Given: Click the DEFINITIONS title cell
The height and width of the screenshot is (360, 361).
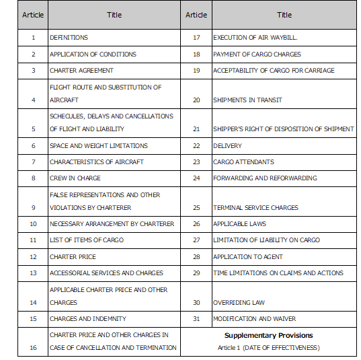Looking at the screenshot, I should tap(69, 38).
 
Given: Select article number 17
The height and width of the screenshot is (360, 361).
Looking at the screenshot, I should tap(196, 38).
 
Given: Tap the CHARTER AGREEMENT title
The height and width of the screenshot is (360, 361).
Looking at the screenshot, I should tap(81, 71).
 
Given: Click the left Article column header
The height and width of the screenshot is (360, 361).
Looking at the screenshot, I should tap(33, 15).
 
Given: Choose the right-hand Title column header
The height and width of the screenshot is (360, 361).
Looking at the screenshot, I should tap(284, 15).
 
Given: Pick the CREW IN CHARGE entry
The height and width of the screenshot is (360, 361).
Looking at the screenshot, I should tap(75, 178).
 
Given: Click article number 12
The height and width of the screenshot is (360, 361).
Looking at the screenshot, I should tap(33, 257).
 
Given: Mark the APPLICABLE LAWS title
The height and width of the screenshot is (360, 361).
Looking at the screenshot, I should tap(239, 224).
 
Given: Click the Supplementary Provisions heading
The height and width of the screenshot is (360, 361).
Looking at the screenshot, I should tap(269, 335).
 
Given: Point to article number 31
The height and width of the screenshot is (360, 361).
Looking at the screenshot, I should tap(196, 319).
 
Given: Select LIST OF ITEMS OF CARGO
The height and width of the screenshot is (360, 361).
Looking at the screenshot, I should tap(87, 240).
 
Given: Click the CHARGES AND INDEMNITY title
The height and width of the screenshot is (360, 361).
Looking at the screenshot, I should tap(87, 319).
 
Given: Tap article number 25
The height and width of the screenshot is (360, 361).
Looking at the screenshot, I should tap(196, 208).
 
